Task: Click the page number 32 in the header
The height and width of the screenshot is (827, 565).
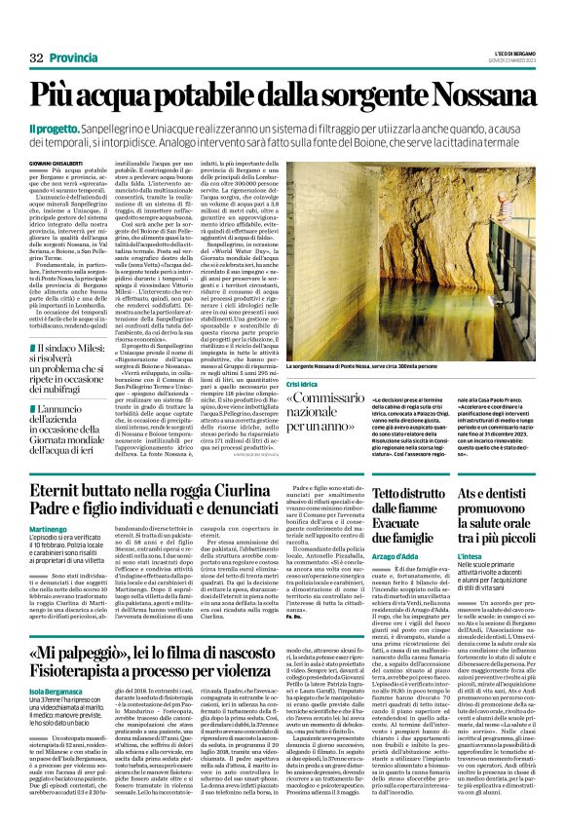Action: coord(38,59)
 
